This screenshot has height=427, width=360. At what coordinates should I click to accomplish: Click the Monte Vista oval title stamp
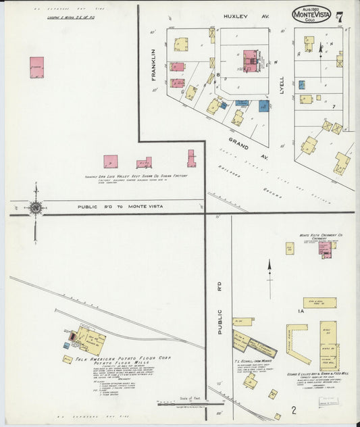(311, 14)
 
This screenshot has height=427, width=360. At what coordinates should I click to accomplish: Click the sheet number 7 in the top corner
(340, 16)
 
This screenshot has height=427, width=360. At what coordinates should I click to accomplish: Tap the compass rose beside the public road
(35, 208)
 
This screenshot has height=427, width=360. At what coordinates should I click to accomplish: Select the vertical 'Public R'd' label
(220, 318)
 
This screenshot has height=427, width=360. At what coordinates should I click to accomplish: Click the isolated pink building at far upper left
(36, 68)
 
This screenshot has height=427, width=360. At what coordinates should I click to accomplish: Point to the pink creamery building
(325, 248)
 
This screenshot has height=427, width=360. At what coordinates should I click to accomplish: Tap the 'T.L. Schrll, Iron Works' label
(253, 361)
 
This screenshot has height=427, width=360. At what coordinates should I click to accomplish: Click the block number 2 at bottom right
(294, 410)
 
